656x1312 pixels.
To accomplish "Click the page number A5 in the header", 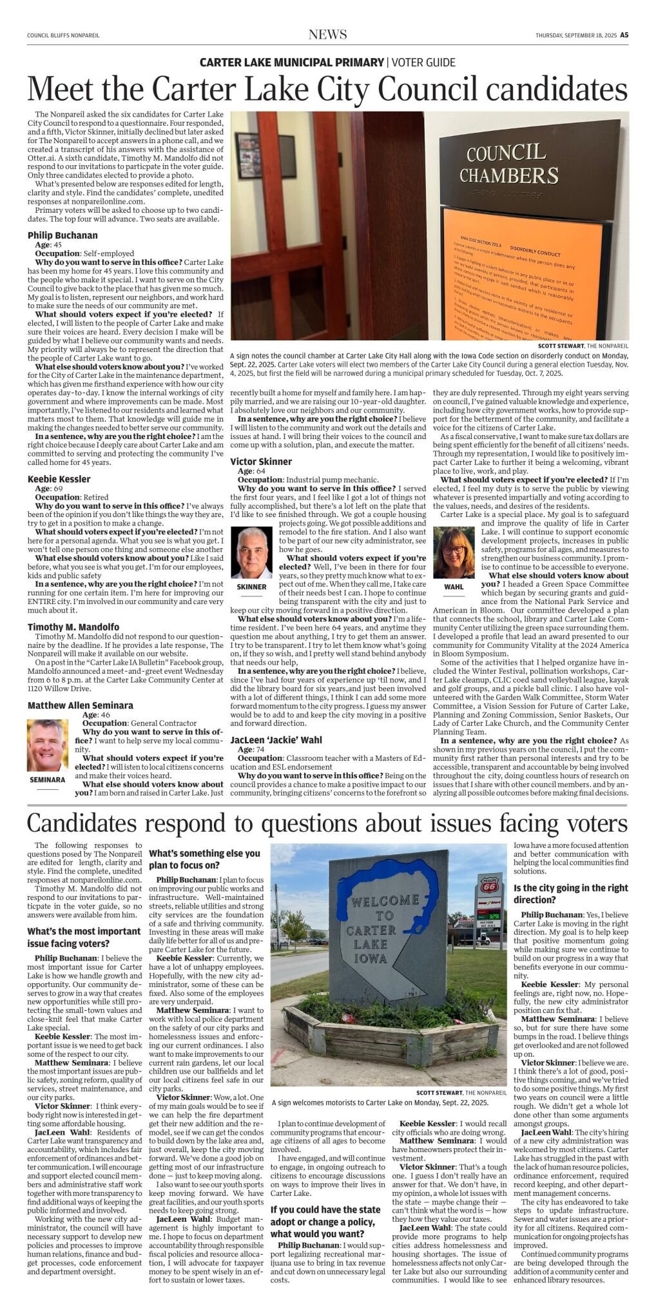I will click(x=624, y=35).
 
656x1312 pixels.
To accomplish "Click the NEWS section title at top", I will click(x=327, y=35).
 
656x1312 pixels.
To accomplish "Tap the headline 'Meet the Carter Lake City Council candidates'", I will click(x=327, y=89).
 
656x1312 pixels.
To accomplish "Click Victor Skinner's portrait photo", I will click(x=251, y=553).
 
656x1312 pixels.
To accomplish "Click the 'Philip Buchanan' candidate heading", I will click(x=63, y=235).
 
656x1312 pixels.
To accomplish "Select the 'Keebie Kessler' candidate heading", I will click(x=59, y=479).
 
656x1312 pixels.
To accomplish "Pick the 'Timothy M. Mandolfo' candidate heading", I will click(x=73, y=627).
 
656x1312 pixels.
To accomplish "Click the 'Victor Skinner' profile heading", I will click(x=261, y=462).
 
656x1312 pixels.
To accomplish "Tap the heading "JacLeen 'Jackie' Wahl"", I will click(x=276, y=740).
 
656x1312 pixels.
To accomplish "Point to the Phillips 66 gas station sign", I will click(x=489, y=885).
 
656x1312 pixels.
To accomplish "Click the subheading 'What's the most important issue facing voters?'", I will click(x=84, y=937).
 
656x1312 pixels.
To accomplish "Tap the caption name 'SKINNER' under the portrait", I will click(x=251, y=587).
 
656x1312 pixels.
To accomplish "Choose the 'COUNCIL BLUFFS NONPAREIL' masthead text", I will click(x=63, y=35).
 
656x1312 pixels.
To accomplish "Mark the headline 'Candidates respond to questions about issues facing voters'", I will click(x=327, y=824).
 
